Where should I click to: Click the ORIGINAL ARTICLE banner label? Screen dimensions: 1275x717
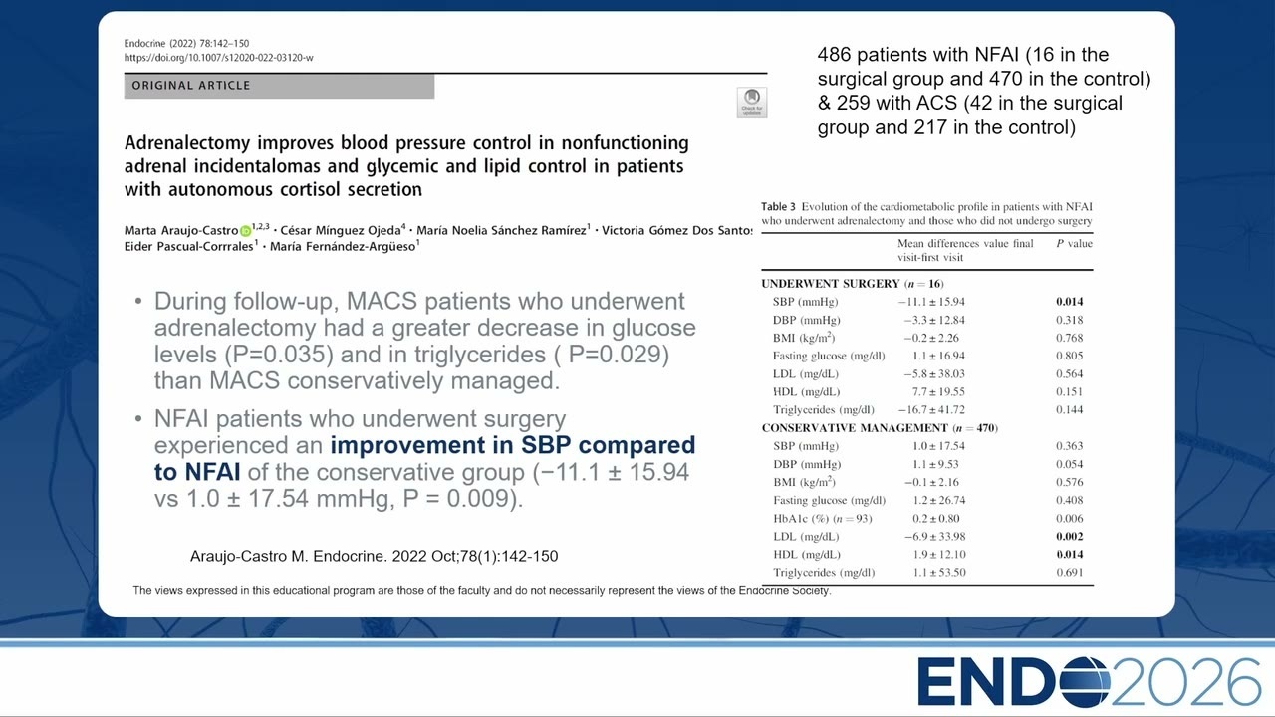(191, 86)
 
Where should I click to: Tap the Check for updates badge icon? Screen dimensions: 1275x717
(752, 102)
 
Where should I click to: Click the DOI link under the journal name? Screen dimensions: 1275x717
(218, 58)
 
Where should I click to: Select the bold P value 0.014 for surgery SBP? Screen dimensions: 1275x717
(1069, 302)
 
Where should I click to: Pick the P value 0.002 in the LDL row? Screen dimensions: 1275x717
(1069, 536)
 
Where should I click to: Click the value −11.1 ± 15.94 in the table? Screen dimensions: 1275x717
(931, 302)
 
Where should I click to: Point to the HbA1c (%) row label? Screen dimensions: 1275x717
(823, 519)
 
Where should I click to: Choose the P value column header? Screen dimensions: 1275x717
(1074, 244)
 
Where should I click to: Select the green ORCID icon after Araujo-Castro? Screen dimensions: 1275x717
(245, 231)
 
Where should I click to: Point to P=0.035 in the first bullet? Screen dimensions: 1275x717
(279, 355)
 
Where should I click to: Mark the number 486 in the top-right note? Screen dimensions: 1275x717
(834, 55)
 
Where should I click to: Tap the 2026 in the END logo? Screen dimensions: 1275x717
(1185, 682)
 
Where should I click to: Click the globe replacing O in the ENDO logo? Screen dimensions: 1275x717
(1082, 682)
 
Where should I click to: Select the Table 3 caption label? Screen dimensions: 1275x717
(778, 206)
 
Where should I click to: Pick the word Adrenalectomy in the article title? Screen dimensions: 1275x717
(187, 142)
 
